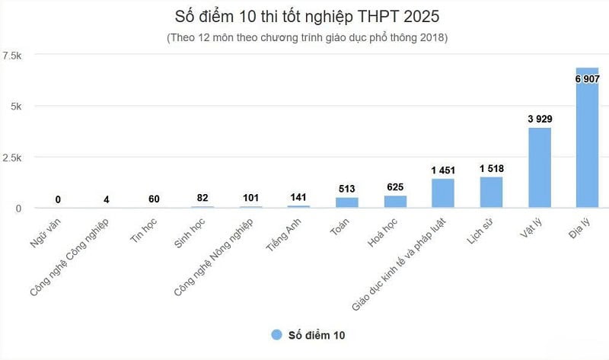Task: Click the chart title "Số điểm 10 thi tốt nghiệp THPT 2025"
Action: [x=305, y=16]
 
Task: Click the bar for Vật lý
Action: [x=539, y=167]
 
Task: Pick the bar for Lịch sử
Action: [x=491, y=192]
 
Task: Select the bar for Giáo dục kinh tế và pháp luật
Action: [x=443, y=193]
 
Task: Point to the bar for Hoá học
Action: [x=395, y=202]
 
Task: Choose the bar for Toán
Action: [x=347, y=202]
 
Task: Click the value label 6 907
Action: [x=588, y=78]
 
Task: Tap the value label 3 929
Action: [x=539, y=119]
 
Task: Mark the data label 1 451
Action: [x=443, y=169]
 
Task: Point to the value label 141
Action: [x=299, y=196]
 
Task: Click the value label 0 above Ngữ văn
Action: [x=59, y=199]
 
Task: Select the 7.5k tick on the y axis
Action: [x=13, y=56]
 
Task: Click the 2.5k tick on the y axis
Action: [x=13, y=158]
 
